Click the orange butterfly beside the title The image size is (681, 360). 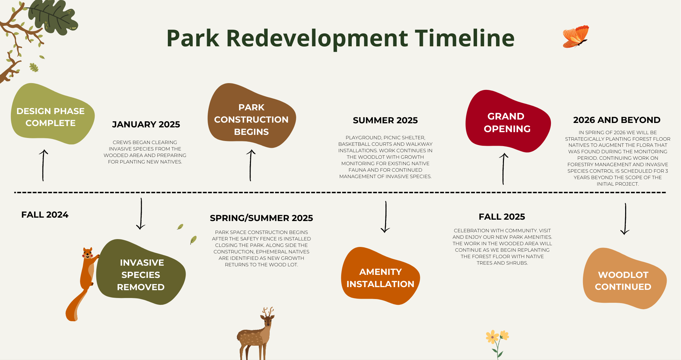coord(576,36)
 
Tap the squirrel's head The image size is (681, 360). coord(88,253)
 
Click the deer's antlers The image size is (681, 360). coord(268,311)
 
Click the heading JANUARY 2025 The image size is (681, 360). coord(146,124)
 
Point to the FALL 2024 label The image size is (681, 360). coord(45,215)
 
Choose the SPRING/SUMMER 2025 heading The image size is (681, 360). coord(262,218)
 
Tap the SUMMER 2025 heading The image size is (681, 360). coord(385,120)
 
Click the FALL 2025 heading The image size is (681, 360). coord(502,217)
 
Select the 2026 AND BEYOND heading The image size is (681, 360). coord(617,120)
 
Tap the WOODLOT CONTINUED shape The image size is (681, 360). coord(624,279)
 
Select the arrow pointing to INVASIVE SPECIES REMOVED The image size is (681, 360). coord(141,214)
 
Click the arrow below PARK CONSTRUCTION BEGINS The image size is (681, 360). coord(251,165)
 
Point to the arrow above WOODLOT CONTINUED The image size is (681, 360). coord(625,219)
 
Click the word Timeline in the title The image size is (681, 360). coord(465,38)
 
